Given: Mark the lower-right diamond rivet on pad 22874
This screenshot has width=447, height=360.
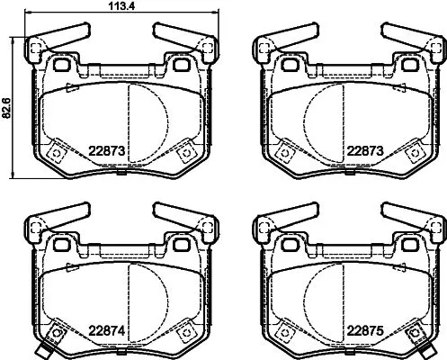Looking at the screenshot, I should click(187, 331).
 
